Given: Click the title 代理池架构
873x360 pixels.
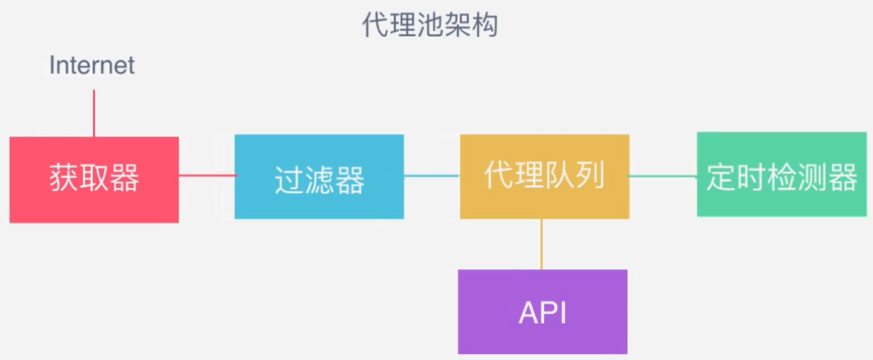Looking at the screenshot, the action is pos(430,25).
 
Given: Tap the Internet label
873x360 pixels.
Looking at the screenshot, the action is pos(91,65).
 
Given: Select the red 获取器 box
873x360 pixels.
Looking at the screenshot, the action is pos(94,180).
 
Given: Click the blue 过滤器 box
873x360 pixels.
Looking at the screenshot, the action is pos(319,176).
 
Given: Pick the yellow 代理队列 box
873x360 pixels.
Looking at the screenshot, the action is pos(545,176).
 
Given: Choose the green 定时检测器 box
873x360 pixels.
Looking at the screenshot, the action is pos(782,175).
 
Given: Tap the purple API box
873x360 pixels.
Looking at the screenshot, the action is pos(543,311).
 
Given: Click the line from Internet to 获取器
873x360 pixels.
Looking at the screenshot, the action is pos(93,113).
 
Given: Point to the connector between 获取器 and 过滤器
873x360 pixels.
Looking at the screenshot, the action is pos(207,176).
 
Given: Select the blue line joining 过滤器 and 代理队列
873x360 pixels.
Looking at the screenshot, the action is pos(432,176).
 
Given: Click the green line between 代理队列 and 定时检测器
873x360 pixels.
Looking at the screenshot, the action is pos(663,176).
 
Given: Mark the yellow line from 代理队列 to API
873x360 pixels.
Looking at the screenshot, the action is pos(541,243).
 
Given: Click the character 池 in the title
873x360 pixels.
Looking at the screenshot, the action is pos(430,25).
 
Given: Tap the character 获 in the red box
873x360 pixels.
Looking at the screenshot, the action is pos(64,180).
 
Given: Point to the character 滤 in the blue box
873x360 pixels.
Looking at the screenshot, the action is pos(320,180).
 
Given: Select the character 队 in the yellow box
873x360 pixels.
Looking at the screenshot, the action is pos(560,176).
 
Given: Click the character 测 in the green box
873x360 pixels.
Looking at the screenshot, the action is pos(813,177).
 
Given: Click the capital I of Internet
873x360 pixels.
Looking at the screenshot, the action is pos(52,65).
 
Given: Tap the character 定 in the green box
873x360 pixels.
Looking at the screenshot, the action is pos(722,177).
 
